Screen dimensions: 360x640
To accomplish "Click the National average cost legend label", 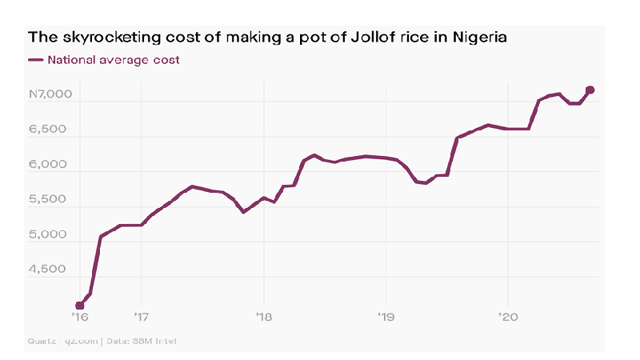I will click(114, 59).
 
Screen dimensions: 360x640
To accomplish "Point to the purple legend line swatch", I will click(36, 60).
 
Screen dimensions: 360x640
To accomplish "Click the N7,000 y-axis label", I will click(50, 94).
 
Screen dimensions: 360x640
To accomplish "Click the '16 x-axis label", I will click(79, 318).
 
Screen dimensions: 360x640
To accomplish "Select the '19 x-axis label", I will click(386, 318).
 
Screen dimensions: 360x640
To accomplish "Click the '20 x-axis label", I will click(508, 318).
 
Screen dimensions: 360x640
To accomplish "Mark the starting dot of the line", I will click(80, 306).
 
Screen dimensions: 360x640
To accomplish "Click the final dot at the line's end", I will click(590, 90).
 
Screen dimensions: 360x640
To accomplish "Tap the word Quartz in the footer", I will click(42, 342).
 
